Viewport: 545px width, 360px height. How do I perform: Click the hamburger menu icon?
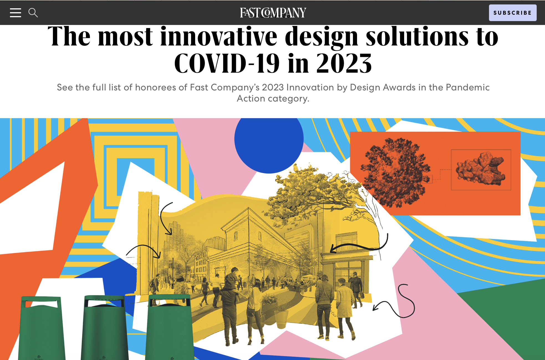(x=16, y=13)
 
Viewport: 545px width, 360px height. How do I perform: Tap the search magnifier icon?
(x=33, y=13)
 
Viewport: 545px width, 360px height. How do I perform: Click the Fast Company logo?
(x=273, y=13)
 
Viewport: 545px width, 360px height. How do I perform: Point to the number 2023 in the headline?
(x=344, y=64)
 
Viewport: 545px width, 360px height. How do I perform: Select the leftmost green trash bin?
(x=42, y=327)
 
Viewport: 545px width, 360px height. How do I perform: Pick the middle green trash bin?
(x=105, y=327)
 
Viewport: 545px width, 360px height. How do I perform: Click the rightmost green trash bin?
(x=169, y=327)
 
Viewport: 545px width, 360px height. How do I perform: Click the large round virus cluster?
(x=395, y=172)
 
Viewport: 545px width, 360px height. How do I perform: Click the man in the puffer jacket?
(x=324, y=302)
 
